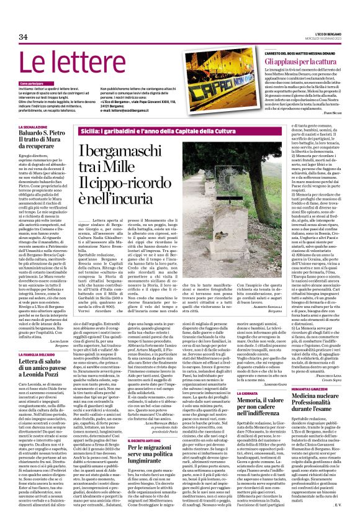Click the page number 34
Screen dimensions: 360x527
coord(24,37)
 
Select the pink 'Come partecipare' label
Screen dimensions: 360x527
coord(36,83)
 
